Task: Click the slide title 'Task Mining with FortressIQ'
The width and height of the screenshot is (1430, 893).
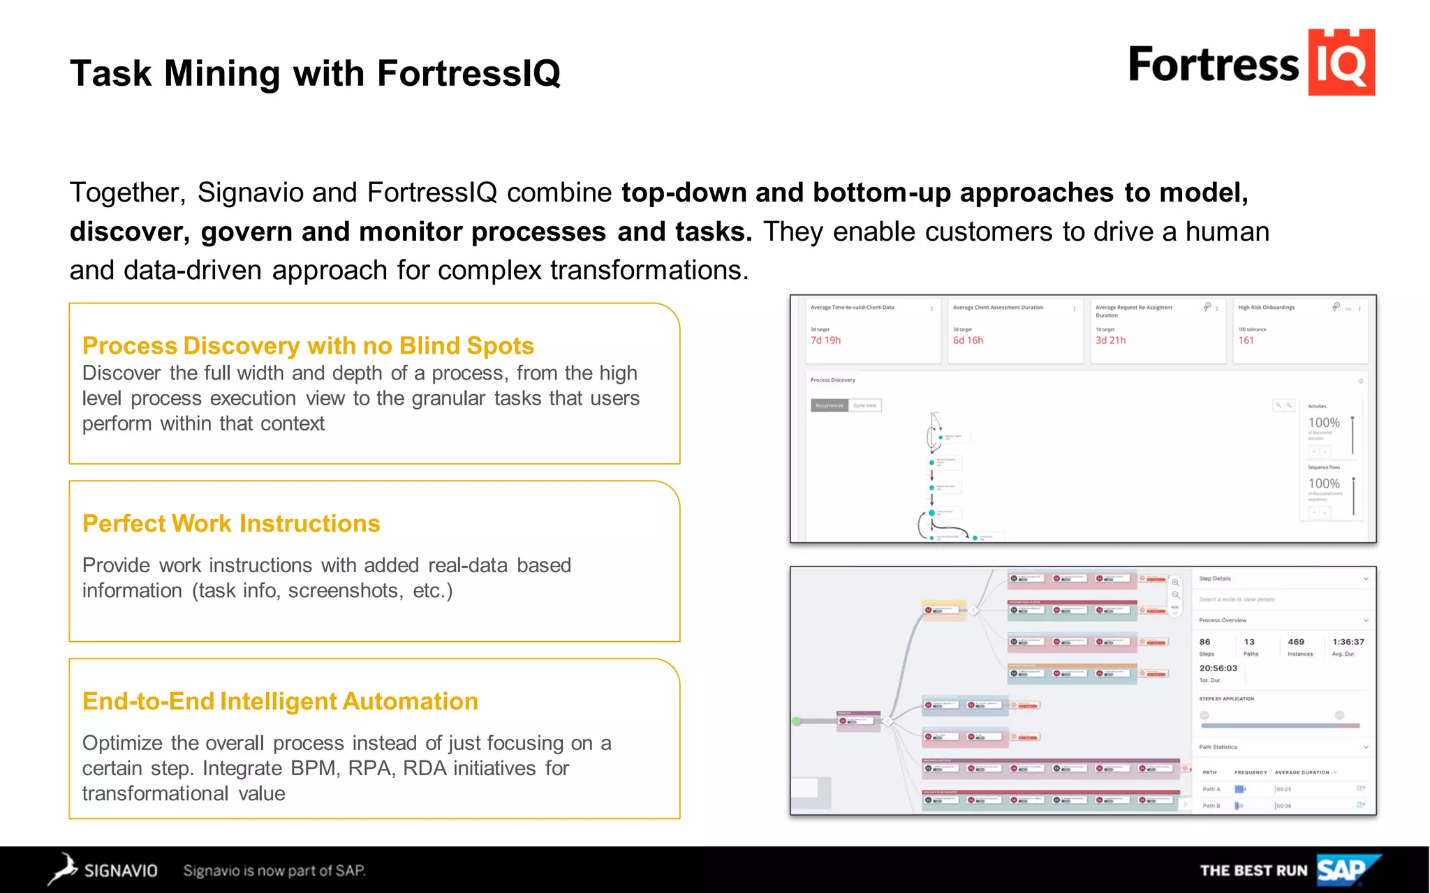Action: point(315,73)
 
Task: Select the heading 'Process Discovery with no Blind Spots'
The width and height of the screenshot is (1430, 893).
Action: point(308,346)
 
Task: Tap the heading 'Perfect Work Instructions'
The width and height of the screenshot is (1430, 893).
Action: point(231,524)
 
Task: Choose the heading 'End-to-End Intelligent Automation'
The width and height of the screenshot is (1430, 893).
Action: point(280,702)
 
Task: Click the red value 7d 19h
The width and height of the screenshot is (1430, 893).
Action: point(825,340)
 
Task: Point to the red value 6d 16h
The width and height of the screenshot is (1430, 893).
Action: point(968,340)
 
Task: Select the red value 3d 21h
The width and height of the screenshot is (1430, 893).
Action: point(1110,340)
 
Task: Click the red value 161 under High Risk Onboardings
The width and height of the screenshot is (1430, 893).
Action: point(1246,340)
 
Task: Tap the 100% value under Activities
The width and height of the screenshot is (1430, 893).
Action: point(1324,423)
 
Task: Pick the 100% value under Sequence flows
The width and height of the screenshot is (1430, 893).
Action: point(1324,483)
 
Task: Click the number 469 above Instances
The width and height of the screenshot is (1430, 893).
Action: point(1296,642)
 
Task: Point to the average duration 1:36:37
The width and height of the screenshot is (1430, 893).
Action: point(1348,642)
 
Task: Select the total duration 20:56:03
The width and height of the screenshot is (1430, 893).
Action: point(1218,668)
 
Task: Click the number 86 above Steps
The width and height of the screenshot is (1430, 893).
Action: point(1204,642)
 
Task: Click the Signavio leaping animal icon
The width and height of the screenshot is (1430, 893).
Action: point(63,869)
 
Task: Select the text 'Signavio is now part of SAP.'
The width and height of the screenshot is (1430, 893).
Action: point(274,871)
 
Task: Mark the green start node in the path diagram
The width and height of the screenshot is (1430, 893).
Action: point(797,721)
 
